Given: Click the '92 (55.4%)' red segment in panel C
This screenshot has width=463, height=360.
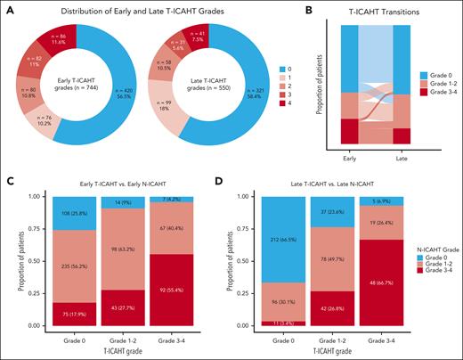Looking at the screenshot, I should coord(175,290).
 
